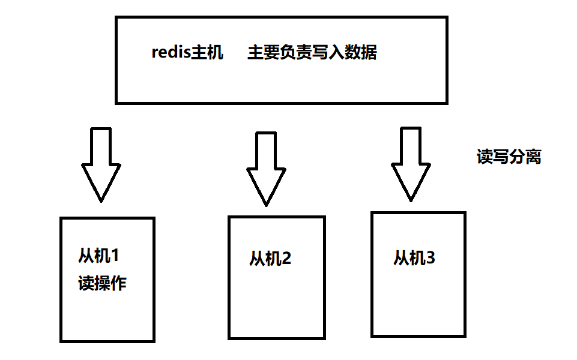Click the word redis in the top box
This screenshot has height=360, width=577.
click(x=171, y=53)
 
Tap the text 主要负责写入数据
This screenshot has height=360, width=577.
click(x=312, y=53)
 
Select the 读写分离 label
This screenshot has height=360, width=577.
click(x=509, y=157)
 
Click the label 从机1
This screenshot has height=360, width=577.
click(x=99, y=256)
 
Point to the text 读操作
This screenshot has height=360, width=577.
click(x=102, y=283)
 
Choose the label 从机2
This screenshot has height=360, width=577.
click(x=270, y=259)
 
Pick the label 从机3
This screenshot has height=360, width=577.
click(x=414, y=258)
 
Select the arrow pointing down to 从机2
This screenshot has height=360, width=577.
click(x=265, y=168)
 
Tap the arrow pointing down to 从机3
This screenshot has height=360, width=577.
click(x=411, y=162)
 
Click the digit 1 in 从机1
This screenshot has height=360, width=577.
click(x=115, y=256)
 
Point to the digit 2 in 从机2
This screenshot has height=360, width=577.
click(x=286, y=259)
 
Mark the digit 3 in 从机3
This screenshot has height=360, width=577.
click(x=430, y=258)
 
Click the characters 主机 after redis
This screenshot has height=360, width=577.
click(x=207, y=53)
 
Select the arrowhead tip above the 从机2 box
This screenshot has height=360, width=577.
click(x=265, y=204)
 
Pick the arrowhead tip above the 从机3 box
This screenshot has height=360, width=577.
click(x=411, y=198)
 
